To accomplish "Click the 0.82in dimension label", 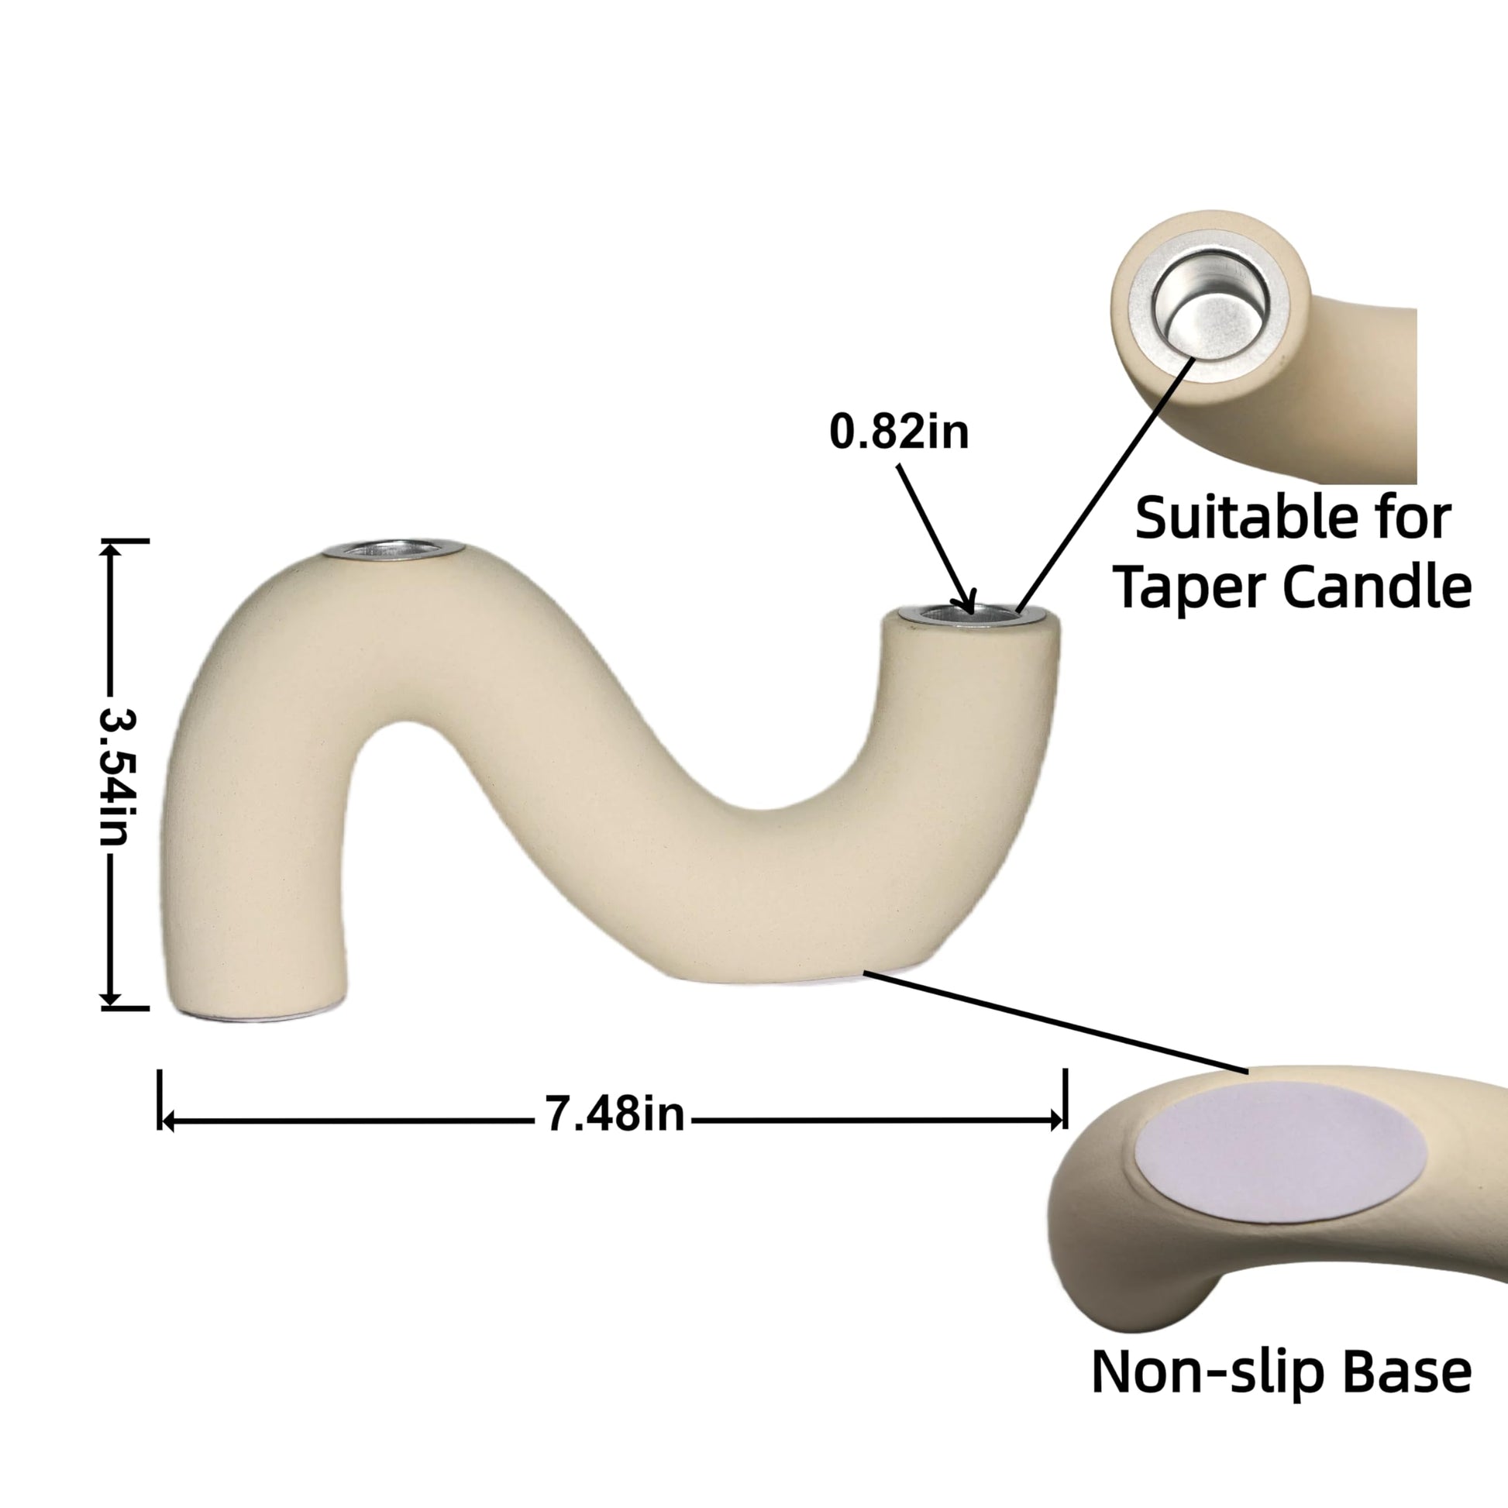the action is (x=898, y=431).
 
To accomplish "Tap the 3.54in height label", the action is (x=119, y=776).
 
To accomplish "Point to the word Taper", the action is (x=1190, y=590).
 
